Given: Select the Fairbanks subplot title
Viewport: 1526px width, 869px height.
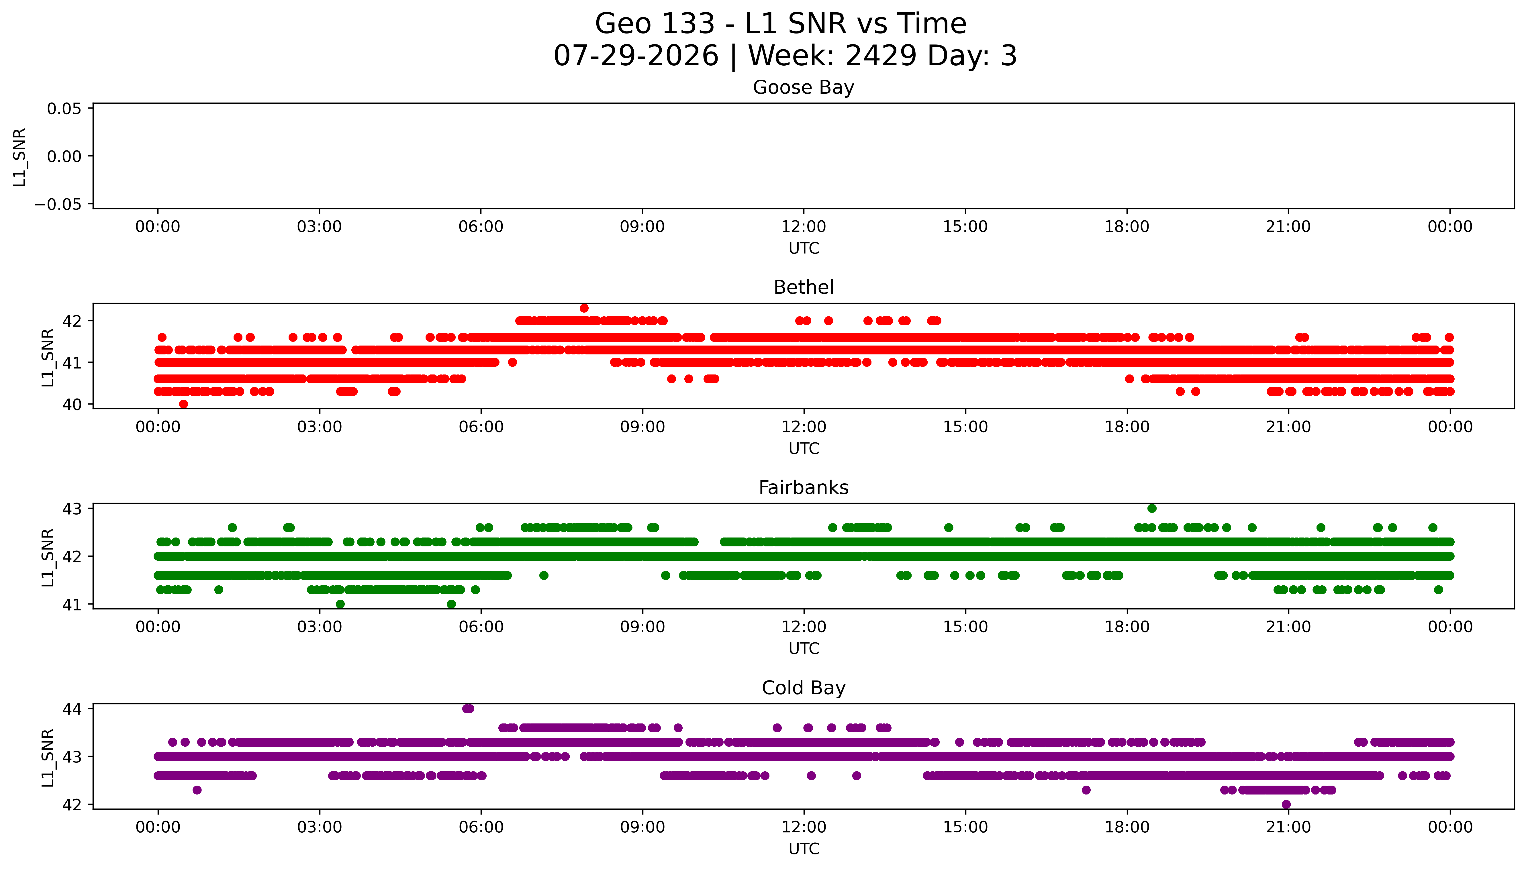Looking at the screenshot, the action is point(803,488).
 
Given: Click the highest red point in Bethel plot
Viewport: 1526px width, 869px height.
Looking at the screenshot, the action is point(584,308).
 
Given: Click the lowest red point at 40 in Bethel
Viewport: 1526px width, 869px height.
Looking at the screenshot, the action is point(183,404).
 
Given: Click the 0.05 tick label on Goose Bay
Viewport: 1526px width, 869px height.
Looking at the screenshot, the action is point(64,109).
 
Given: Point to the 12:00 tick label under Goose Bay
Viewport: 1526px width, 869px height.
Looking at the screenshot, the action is point(803,227).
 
